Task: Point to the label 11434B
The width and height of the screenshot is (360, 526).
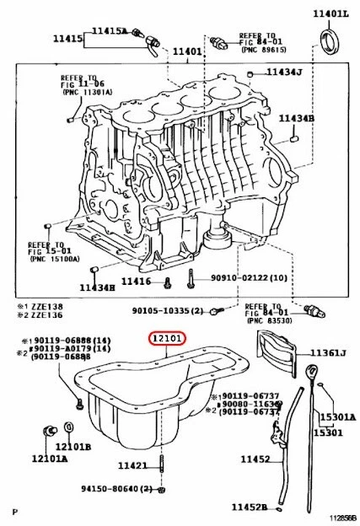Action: (298, 118)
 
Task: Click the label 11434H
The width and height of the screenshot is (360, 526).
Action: (97, 287)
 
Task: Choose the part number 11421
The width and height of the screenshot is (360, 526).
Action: (132, 465)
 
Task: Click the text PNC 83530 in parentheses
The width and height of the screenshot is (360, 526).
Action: (269, 321)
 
